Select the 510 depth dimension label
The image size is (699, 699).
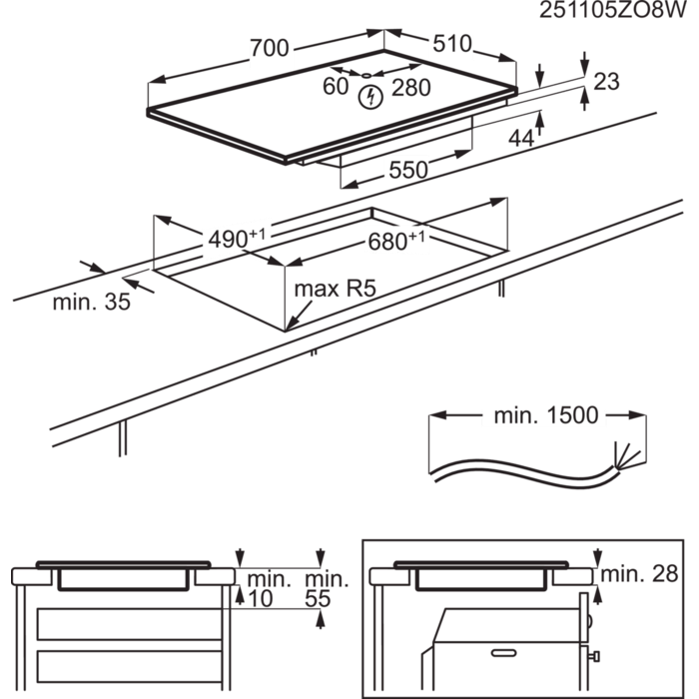pos(451,45)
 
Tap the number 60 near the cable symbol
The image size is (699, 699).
pos(335,87)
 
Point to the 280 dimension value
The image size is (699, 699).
pos(410,88)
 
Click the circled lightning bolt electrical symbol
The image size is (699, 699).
pos(371,96)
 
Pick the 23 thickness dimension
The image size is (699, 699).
pos(606,82)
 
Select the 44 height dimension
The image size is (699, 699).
pos(520,140)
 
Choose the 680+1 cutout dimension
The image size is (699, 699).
pos(397,240)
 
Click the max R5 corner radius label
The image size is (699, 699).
pos(335,290)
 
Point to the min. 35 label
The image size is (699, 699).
pos(91,302)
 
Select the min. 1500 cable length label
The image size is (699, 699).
pos(544,415)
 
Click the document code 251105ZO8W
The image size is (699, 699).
pos(615,11)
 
